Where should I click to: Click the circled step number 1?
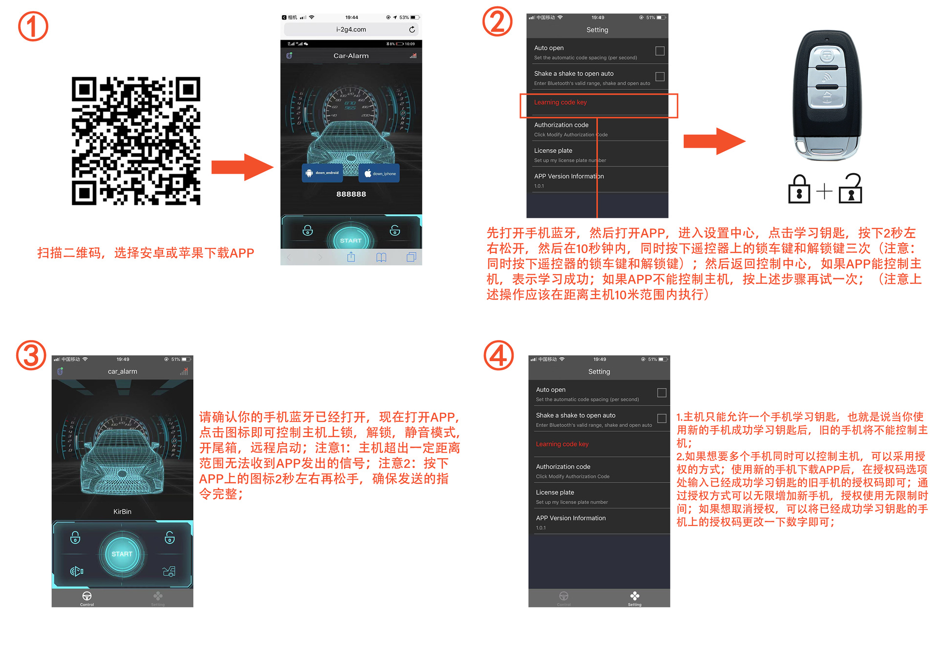[x=33, y=26]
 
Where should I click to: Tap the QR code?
[x=136, y=140]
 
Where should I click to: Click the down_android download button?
[x=322, y=173]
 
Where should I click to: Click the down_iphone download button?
[x=379, y=174]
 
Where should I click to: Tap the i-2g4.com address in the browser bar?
[x=351, y=29]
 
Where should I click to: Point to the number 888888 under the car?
[x=351, y=194]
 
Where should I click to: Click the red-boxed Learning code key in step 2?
[x=560, y=102]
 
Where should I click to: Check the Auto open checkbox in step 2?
[x=660, y=51]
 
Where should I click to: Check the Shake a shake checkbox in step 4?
[x=662, y=419]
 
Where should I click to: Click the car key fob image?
[x=826, y=95]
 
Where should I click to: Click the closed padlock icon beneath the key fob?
[x=799, y=190]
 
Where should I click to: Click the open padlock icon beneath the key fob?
[x=851, y=189]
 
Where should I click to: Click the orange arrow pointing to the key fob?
[x=714, y=141]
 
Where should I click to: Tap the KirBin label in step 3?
[x=122, y=512]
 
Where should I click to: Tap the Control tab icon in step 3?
[x=87, y=597]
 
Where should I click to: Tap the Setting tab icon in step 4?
[x=634, y=597]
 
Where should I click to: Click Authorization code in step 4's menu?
[x=562, y=467]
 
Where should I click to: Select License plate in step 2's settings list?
[x=553, y=151]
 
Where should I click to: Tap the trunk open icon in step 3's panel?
[x=169, y=571]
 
